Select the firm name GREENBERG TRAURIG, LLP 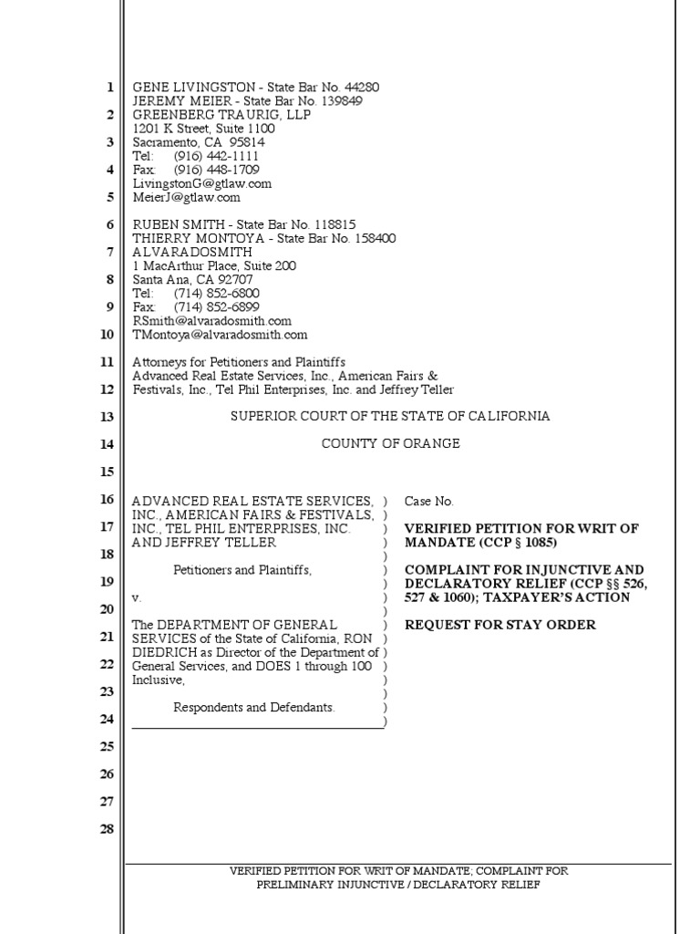pos(221,115)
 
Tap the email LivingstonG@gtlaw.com pos(201,183)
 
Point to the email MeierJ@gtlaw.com pos(186,197)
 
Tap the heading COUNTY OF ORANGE pos(390,444)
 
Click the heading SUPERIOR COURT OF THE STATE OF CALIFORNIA pos(389,416)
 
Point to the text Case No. pos(428,501)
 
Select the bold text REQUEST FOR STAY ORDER pos(499,625)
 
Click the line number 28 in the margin pos(107,829)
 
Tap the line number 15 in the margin pos(107,472)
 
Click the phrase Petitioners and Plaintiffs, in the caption pos(242,570)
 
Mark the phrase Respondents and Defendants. pos(254,708)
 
